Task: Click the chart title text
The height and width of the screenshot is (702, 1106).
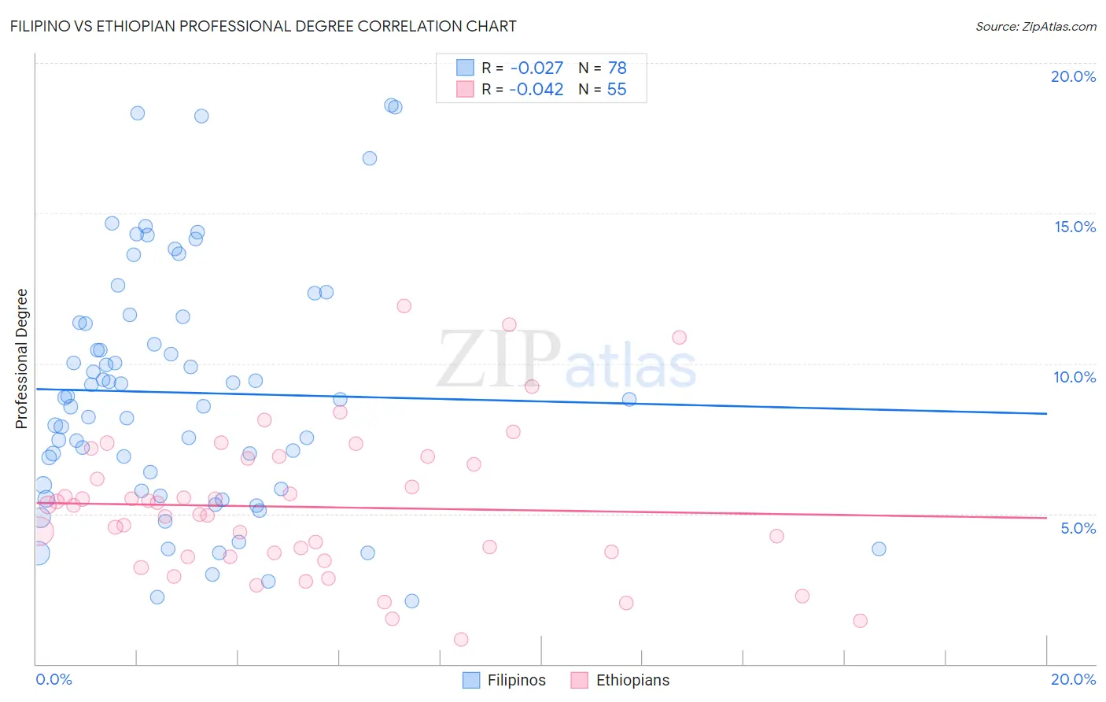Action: (263, 26)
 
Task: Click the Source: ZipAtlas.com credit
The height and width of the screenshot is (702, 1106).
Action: (1035, 27)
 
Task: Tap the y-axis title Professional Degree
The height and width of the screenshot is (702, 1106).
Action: (21, 359)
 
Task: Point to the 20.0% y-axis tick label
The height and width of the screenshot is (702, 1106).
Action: (1073, 76)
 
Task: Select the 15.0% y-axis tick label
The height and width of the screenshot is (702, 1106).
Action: (1075, 227)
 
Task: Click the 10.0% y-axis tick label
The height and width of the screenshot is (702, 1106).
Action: (1075, 377)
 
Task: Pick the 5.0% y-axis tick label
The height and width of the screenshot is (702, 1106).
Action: (1078, 528)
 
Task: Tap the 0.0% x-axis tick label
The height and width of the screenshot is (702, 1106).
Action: (53, 679)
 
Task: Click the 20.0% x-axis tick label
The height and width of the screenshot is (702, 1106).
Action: (1073, 679)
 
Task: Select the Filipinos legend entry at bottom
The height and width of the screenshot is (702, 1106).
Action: (503, 680)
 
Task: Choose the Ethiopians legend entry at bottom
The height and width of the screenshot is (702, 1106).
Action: (620, 680)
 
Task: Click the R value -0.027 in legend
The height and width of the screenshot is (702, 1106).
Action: (536, 68)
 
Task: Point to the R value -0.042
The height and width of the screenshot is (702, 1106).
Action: (536, 90)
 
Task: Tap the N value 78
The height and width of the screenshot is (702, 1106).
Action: (617, 68)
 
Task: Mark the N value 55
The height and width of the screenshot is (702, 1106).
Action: (617, 90)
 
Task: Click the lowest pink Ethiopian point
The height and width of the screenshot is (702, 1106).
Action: (461, 639)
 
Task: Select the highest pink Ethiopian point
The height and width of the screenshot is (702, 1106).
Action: (404, 306)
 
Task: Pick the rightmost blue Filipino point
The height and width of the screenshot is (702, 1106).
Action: (879, 549)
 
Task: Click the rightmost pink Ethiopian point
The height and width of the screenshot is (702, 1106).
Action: (860, 621)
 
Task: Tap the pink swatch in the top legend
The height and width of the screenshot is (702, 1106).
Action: (465, 89)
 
